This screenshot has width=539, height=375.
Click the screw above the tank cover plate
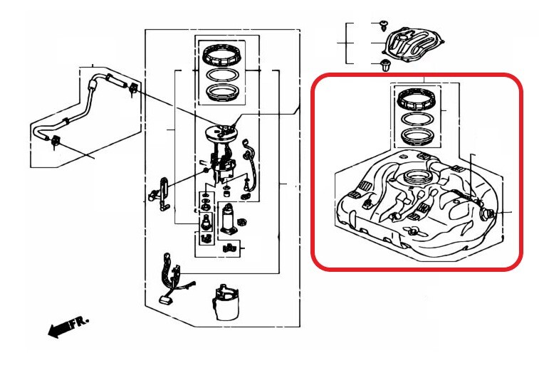pos(384,25)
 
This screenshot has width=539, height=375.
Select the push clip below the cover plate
pos(385,65)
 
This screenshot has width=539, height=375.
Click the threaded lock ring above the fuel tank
pos(416,99)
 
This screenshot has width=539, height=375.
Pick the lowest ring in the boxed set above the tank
pos(417,137)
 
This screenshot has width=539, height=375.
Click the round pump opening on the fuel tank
pos(415,178)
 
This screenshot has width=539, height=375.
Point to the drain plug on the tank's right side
pos(487,215)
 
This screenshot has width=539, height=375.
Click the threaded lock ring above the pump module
pos(220,55)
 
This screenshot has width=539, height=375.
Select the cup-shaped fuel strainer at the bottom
pos(226,302)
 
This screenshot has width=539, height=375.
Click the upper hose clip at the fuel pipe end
pos(132,89)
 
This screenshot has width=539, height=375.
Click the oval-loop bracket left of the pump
pos(161,194)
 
